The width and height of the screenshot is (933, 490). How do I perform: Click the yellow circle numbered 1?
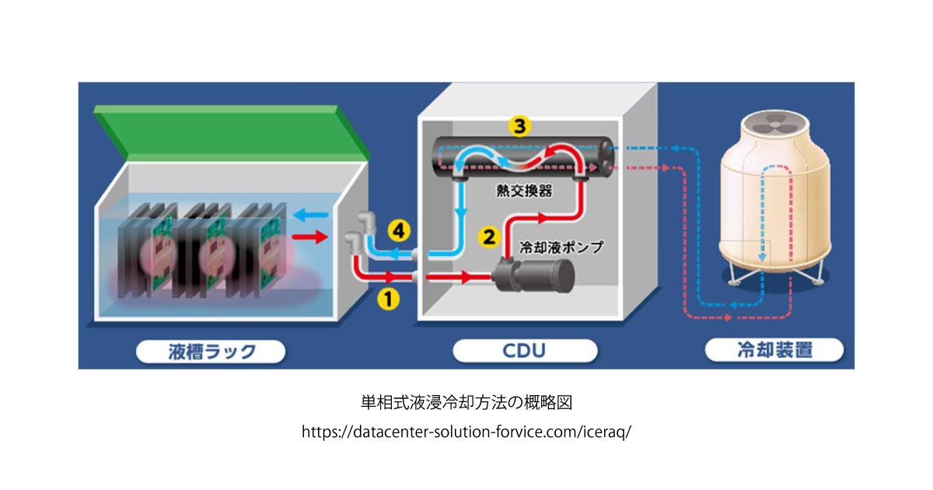pos(389,296)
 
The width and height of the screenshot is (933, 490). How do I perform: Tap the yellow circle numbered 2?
pos(489,236)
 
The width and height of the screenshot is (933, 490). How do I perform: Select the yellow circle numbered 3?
pos(519,125)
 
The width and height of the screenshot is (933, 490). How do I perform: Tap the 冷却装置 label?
pos(774,352)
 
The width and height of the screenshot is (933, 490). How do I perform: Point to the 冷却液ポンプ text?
pos(561,246)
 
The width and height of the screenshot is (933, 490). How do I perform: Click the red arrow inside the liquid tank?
pos(312,237)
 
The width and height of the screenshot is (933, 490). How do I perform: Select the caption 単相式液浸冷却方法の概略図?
pos(466,403)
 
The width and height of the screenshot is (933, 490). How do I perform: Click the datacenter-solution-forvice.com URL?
pos(466,432)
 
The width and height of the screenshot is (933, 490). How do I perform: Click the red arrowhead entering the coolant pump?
pos(466,276)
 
